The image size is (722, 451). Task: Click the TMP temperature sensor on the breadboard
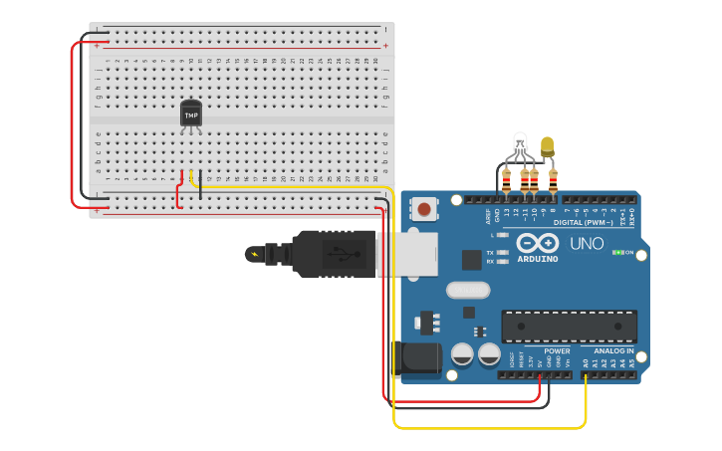point(190,113)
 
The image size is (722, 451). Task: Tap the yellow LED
point(547,147)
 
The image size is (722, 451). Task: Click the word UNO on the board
point(586,243)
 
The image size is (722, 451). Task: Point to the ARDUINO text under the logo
point(537,259)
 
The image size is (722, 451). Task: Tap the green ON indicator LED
point(618,252)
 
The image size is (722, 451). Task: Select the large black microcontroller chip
point(569,326)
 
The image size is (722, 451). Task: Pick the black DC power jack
point(418,359)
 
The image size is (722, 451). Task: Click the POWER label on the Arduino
point(557,350)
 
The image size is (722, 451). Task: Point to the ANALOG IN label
point(613,350)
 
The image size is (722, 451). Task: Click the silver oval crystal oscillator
point(468,291)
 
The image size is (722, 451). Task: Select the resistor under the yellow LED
point(553,181)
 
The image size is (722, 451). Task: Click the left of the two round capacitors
point(462,353)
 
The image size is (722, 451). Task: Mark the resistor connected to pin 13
point(506,181)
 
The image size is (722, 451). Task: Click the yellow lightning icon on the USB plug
point(254,254)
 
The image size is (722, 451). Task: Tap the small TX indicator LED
point(503,253)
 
